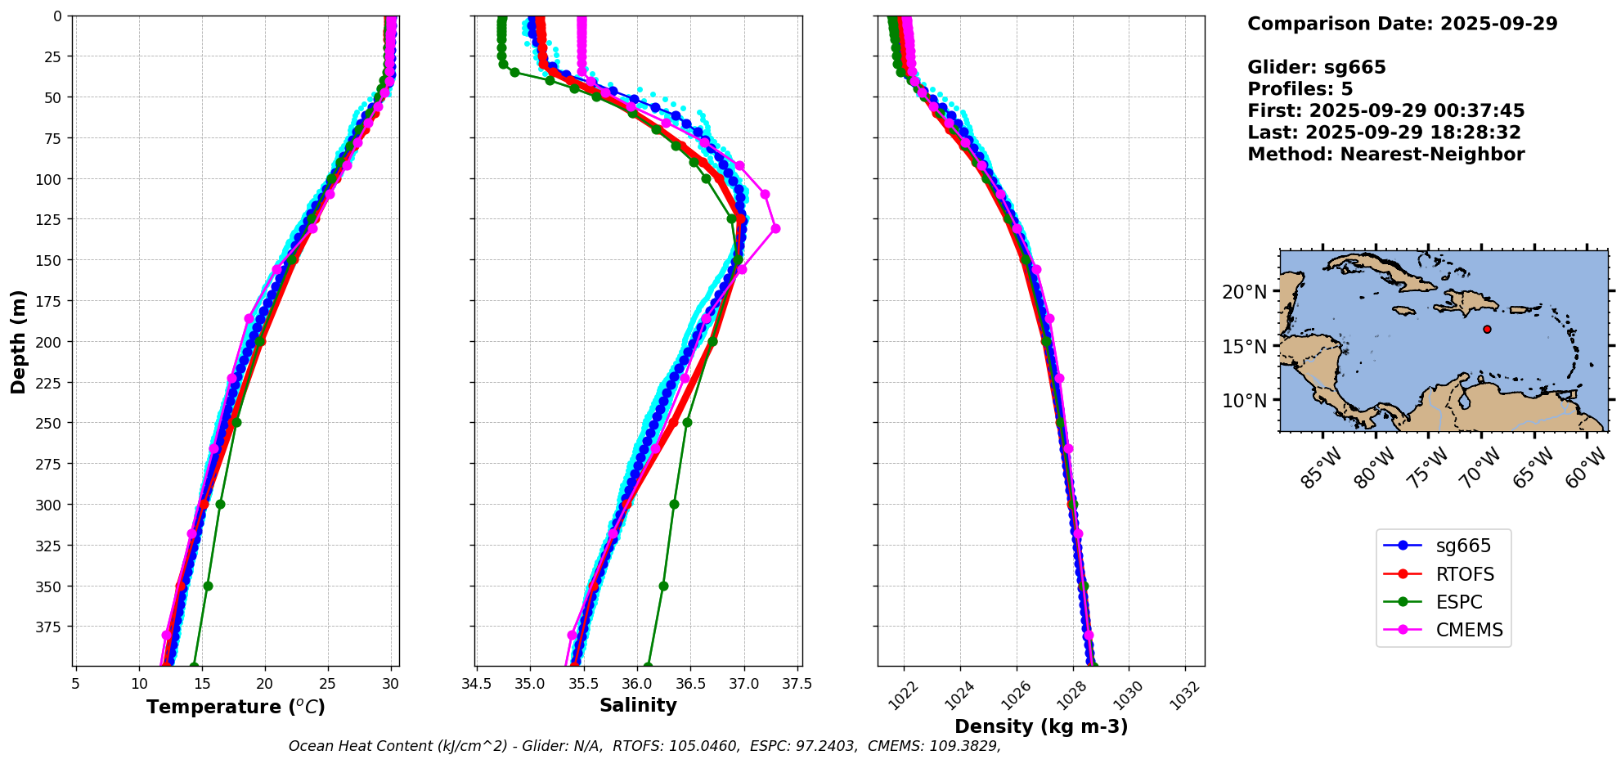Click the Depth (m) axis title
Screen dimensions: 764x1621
click(18, 341)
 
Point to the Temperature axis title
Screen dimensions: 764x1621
click(236, 707)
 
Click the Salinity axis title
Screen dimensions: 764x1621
click(638, 705)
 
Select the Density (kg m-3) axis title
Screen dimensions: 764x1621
click(1041, 726)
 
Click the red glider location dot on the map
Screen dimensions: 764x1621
click(1487, 330)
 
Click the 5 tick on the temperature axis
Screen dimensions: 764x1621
click(75, 684)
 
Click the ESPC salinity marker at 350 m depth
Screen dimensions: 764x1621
click(663, 586)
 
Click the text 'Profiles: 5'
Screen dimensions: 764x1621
click(1300, 89)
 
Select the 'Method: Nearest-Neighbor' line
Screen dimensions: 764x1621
click(1385, 155)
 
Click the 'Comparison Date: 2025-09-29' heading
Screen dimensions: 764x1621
click(1402, 24)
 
